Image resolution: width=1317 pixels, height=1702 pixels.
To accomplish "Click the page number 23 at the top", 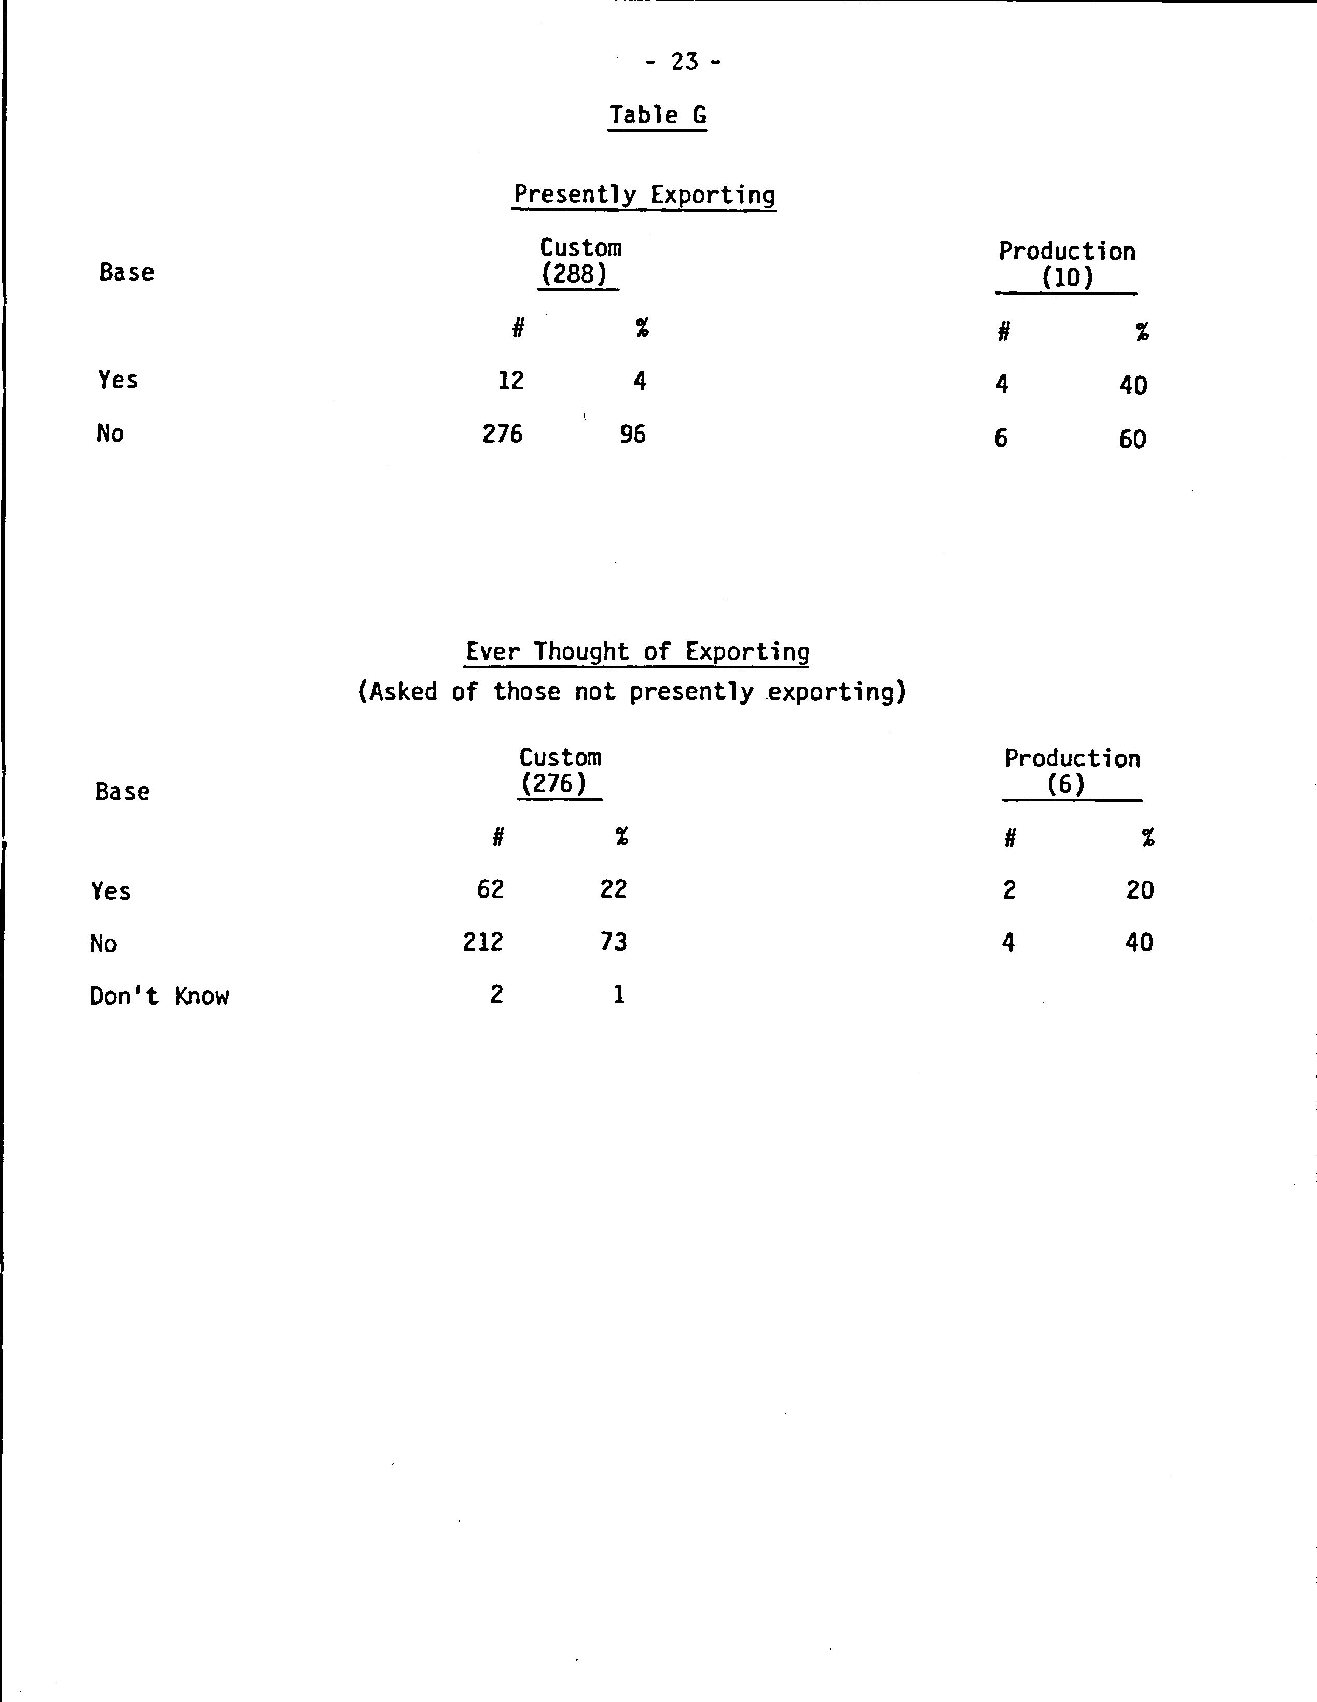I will [684, 62].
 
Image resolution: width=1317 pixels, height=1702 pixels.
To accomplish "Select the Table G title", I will [658, 115].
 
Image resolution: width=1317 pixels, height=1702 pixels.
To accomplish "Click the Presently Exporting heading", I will [644, 194].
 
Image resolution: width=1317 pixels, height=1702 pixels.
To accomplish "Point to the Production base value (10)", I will [1067, 278].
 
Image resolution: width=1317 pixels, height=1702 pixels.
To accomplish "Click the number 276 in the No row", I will [502, 434].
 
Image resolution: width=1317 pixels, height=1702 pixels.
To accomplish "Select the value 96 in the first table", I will [633, 434].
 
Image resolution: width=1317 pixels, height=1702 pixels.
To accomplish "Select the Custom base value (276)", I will [554, 783].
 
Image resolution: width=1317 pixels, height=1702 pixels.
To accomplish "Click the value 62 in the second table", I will [490, 889].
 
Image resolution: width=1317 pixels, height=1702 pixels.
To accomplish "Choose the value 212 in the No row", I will [483, 942].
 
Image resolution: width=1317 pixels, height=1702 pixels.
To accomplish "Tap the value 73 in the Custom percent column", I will [613, 942].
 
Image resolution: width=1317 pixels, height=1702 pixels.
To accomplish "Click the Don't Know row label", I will [159, 996].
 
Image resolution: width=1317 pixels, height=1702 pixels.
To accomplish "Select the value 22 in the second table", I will [613, 889].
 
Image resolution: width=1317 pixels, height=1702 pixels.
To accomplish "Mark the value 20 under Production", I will [1139, 890].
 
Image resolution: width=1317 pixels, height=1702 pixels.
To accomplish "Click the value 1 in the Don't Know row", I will [619, 995].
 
